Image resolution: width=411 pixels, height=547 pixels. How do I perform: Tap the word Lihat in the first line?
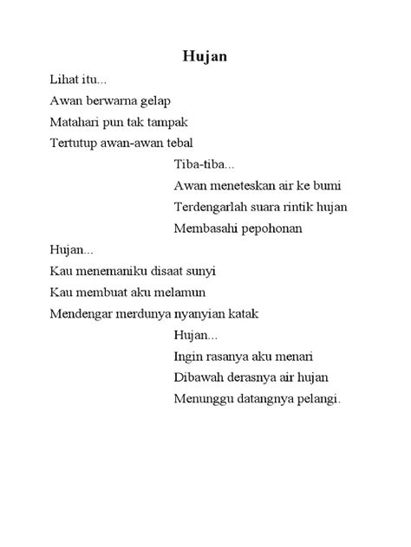[63, 80]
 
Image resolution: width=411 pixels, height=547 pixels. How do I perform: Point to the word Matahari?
[75, 122]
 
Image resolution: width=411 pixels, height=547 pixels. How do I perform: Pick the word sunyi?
[200, 271]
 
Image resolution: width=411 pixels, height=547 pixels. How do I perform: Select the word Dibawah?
[198, 377]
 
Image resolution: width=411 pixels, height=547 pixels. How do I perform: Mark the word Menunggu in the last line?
[203, 399]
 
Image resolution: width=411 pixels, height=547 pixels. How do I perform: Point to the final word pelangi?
[316, 400]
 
